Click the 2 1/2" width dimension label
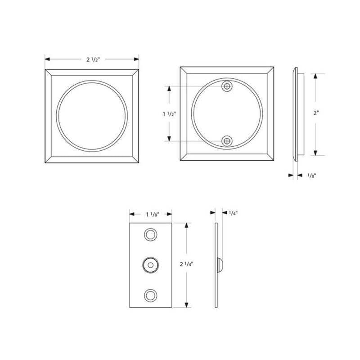pyautogui.click(x=91, y=58)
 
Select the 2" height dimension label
pyautogui.click(x=317, y=114)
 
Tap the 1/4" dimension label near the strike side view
pyautogui.click(x=233, y=212)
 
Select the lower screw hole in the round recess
pyautogui.click(x=228, y=141)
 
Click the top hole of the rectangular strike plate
pyautogui.click(x=150, y=235)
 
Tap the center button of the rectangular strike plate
pyautogui.click(x=150, y=265)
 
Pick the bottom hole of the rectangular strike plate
pyautogui.click(x=150, y=295)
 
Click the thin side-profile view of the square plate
pyautogui.click(x=297, y=114)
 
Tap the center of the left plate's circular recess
pyautogui.click(x=91, y=114)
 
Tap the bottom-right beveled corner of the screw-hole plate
pyautogui.click(x=270, y=157)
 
